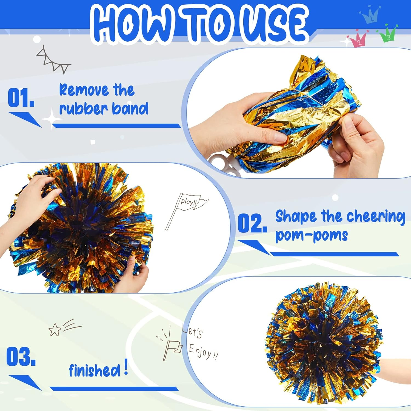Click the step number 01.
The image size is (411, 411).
click(21, 98)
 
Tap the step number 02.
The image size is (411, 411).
click(252, 223)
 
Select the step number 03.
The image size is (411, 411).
click(21, 356)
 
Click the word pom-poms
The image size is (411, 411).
click(311, 235)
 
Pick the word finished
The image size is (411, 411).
click(95, 371)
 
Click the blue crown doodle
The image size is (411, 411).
click(370, 15)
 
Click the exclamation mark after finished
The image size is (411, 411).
click(126, 367)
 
